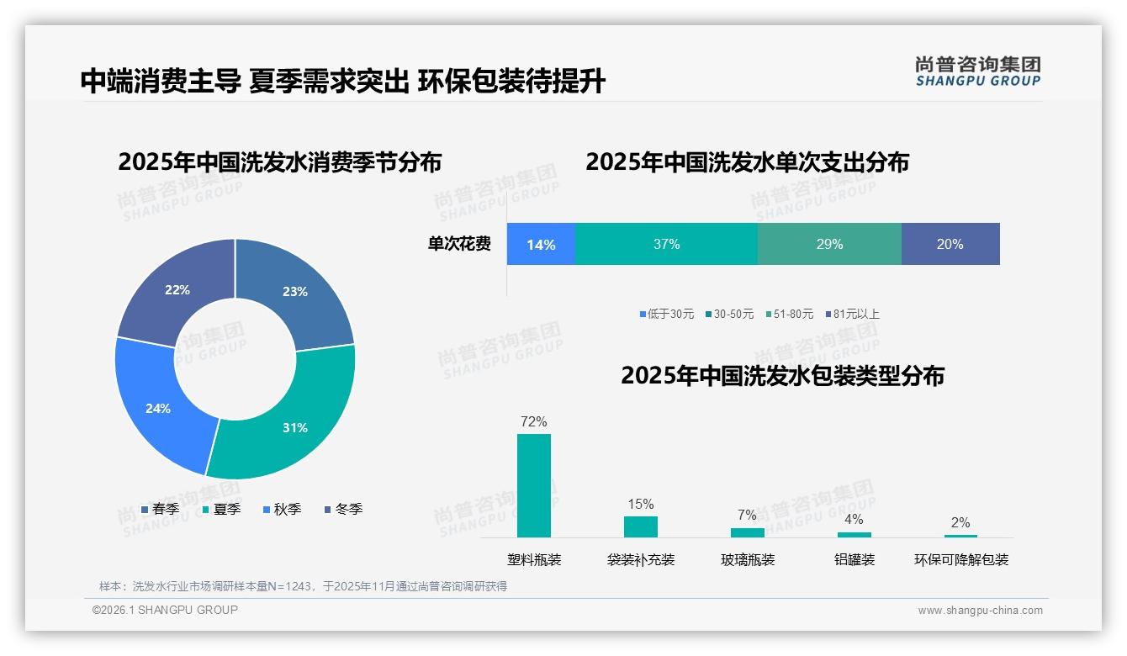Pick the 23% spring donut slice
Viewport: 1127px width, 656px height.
pyautogui.click(x=294, y=290)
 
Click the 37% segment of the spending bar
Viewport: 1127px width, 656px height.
pyautogui.click(x=666, y=244)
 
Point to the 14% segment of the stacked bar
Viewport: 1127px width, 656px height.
pyautogui.click(x=541, y=244)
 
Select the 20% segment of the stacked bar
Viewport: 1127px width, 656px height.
pyautogui.click(x=950, y=244)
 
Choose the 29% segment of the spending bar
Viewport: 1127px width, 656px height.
pyautogui.click(x=829, y=244)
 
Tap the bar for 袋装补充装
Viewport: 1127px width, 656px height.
pyautogui.click(x=640, y=526)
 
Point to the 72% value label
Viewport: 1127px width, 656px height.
pyautogui.click(x=533, y=421)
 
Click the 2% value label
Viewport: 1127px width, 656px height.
pyautogui.click(x=960, y=522)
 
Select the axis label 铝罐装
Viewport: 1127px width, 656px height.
pyautogui.click(x=854, y=559)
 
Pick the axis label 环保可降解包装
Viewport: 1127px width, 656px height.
pyautogui.click(x=960, y=559)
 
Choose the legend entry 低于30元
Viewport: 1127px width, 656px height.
pyautogui.click(x=666, y=314)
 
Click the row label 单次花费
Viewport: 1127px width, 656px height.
pyautogui.click(x=458, y=244)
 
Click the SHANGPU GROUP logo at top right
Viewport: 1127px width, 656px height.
pyautogui.click(x=977, y=71)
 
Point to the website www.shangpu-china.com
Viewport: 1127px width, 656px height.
pyautogui.click(x=980, y=610)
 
